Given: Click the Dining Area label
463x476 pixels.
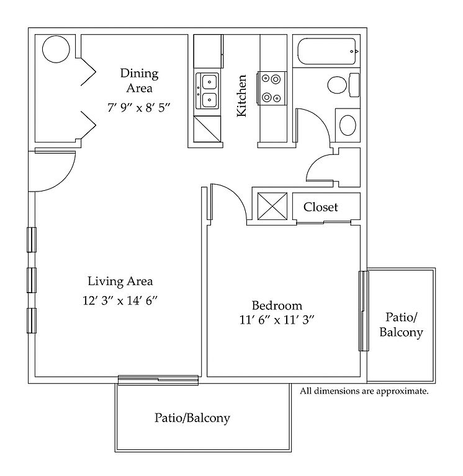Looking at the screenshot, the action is [x=139, y=81].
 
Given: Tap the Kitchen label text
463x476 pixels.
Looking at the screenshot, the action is [x=241, y=95].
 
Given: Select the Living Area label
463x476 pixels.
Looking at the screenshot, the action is [x=120, y=281].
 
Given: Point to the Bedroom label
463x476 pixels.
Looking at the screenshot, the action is [x=277, y=306].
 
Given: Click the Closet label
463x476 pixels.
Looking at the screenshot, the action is [x=321, y=207].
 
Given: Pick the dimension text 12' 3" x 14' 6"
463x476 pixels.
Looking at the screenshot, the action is [x=120, y=301].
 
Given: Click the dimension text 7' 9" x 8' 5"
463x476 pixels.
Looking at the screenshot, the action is [x=139, y=107].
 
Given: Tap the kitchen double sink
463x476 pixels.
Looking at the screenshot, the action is [x=208, y=90].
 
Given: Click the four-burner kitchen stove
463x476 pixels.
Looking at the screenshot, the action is [x=272, y=88].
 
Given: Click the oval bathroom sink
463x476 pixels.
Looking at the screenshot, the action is [x=348, y=125].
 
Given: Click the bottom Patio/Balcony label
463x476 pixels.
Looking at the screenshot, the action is [x=192, y=418].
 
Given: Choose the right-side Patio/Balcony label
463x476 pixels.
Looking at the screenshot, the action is [x=401, y=325].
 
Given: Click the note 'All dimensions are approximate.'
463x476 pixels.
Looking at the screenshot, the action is [x=364, y=392].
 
